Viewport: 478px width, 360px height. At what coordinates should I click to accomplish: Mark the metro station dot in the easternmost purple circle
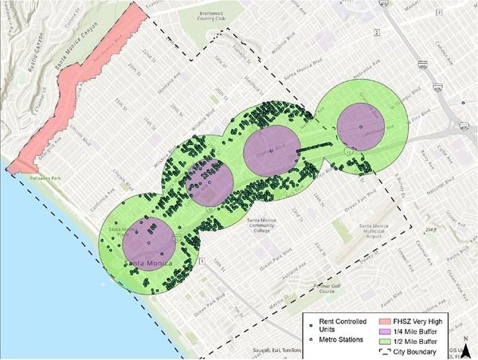(360, 127)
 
